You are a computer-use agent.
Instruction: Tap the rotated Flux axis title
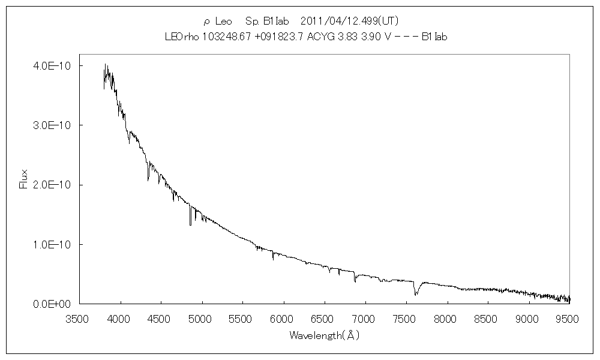(x=24, y=179)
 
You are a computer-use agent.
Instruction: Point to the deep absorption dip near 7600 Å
(x=416, y=293)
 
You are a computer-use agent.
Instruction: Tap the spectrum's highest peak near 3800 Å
(x=105, y=65)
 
